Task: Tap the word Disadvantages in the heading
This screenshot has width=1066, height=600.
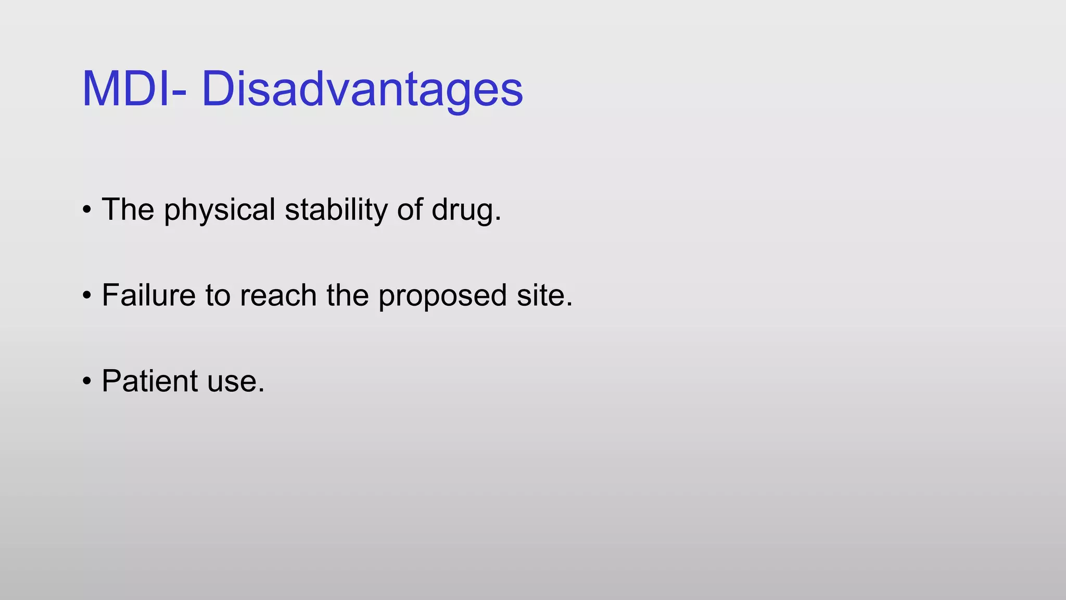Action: coord(362,89)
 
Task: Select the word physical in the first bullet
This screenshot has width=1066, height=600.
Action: coord(219,210)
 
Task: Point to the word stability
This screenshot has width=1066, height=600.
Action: coord(336,210)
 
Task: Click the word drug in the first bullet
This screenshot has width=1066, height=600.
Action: coord(462,210)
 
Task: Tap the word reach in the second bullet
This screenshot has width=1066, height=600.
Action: coord(278,295)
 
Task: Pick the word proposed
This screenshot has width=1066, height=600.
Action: coord(442,296)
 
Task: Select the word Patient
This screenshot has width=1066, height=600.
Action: coord(150,381)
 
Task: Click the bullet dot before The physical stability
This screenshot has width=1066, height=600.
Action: coord(87,210)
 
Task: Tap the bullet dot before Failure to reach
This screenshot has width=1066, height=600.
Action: coord(87,296)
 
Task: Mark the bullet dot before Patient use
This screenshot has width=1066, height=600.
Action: coord(87,381)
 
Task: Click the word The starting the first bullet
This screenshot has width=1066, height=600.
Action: coord(128,210)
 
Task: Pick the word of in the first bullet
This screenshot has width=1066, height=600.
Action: coord(410,210)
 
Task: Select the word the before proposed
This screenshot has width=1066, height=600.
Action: coord(347,295)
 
